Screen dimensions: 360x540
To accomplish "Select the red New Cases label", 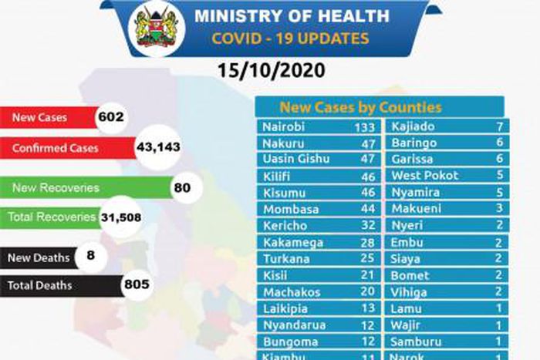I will pyautogui.click(x=41, y=118).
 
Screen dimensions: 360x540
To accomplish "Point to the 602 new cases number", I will pyautogui.click(x=111, y=118).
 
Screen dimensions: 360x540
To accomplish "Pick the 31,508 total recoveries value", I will pyautogui.click(x=121, y=218).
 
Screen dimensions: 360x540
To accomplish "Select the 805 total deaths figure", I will pyautogui.click(x=136, y=285).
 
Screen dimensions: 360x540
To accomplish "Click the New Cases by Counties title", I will pyautogui.click(x=360, y=107).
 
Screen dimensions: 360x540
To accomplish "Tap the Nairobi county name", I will pyautogui.click(x=283, y=127).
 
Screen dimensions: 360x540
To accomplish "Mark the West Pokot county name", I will pyautogui.click(x=425, y=175).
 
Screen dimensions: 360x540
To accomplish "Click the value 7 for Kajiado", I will pyautogui.click(x=501, y=126).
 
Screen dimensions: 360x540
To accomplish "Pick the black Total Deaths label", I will pyautogui.click(x=40, y=285).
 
